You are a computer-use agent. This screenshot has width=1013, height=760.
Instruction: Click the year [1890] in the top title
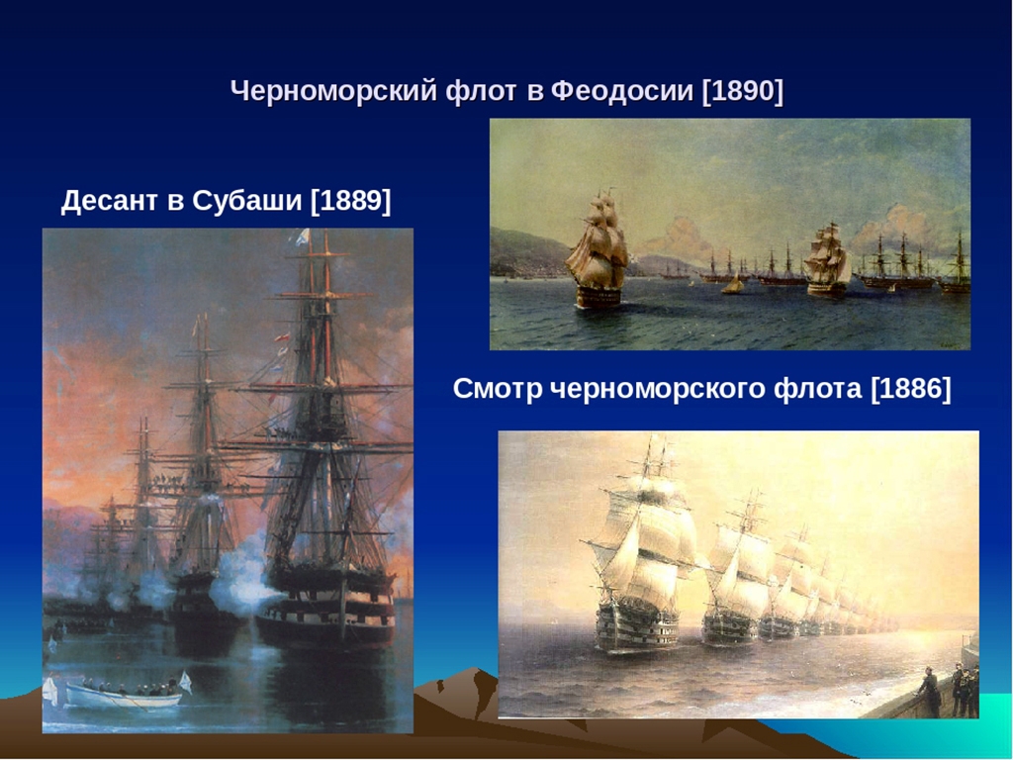[x=742, y=90]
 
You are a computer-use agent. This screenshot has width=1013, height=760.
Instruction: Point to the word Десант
[x=109, y=200]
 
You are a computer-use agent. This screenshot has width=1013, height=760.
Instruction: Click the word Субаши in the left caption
[x=246, y=200]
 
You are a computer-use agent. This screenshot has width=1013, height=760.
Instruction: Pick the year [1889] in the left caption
[x=351, y=200]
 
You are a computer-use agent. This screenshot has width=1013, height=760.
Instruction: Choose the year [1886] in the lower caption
[x=911, y=389]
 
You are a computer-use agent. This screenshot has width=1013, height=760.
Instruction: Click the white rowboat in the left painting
[x=122, y=697]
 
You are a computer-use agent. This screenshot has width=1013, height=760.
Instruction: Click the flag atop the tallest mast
[x=303, y=237]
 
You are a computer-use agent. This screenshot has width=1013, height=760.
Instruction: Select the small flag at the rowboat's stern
[x=185, y=681]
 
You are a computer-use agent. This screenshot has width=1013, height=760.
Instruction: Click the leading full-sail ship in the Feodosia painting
[x=598, y=252]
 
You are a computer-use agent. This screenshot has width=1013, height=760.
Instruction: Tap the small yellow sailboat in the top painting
[x=733, y=284]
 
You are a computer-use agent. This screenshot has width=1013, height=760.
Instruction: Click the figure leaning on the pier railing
[x=930, y=692]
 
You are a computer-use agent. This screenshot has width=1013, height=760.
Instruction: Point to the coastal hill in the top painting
[x=526, y=253]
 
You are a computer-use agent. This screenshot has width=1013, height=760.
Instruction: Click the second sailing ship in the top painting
[x=828, y=260]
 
